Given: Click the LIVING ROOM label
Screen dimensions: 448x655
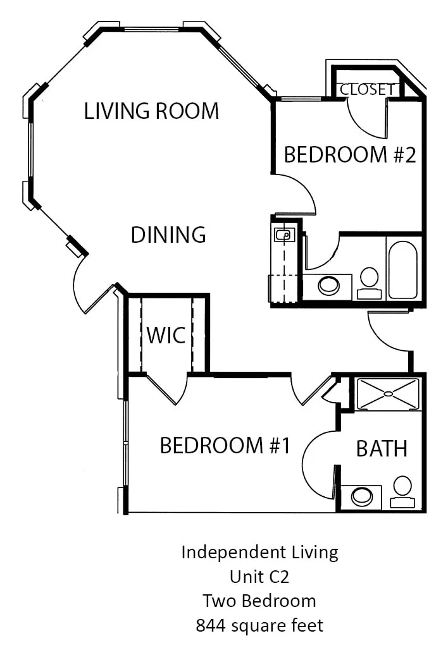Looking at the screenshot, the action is click(151, 111).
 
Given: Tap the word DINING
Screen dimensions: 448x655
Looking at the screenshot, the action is click(168, 235).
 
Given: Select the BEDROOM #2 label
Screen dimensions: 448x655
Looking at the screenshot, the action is click(350, 154).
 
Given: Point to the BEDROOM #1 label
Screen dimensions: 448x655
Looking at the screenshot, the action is click(225, 445).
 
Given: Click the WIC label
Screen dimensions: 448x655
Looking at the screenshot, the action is click(166, 335).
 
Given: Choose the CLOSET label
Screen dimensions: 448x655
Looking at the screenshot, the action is click(367, 89).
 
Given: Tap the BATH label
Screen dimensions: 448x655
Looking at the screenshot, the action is click(382, 449).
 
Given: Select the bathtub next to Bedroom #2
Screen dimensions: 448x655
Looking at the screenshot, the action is click(402, 269).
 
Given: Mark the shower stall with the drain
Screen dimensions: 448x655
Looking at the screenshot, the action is click(388, 394).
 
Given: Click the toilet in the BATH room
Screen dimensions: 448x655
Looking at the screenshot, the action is click(402, 492).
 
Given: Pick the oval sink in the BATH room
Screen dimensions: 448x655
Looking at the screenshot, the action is click(362, 497).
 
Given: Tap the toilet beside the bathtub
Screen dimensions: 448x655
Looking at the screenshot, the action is click(370, 283).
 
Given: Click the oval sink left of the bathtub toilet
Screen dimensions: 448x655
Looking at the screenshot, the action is click(329, 285).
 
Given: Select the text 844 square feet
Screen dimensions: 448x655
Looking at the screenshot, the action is click(259, 626).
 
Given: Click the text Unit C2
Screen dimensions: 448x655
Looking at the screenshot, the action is click(259, 577).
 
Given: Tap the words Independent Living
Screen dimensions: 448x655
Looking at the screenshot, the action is click(259, 553).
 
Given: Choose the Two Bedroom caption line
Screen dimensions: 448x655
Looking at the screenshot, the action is click(259, 601).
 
